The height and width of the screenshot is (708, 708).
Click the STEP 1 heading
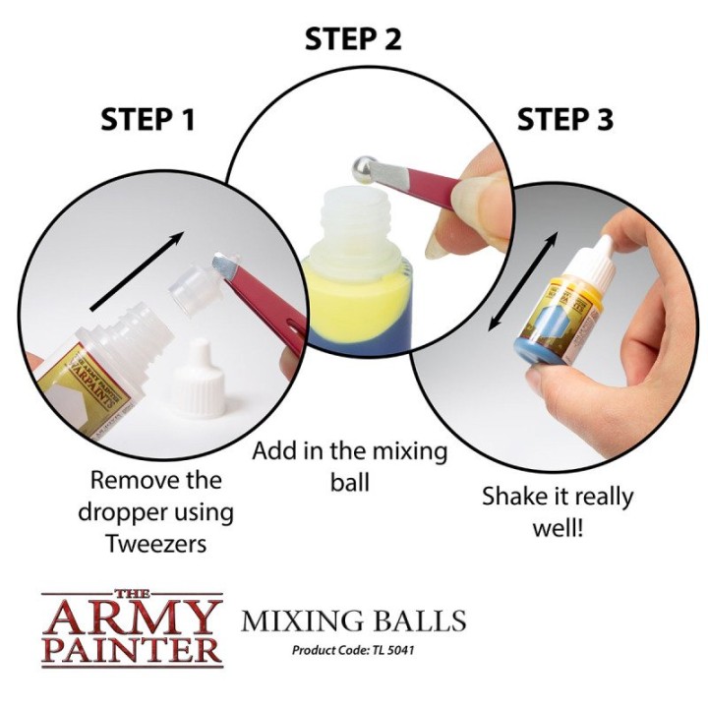(x=147, y=120)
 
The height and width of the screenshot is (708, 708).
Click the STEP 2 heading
(x=353, y=39)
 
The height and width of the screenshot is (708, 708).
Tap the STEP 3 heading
(x=564, y=120)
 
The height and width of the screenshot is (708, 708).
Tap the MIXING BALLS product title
(x=354, y=621)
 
